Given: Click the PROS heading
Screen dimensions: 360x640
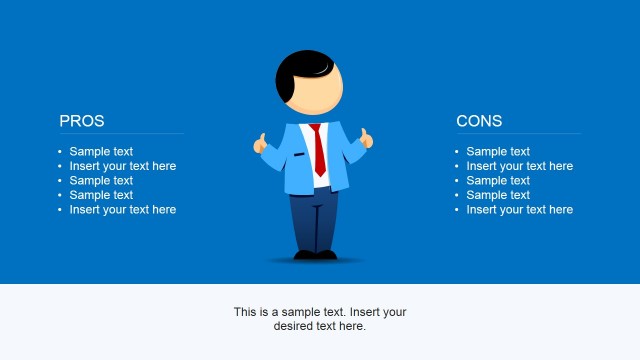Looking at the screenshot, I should [x=82, y=121].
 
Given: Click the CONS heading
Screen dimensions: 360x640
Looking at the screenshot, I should [x=479, y=121].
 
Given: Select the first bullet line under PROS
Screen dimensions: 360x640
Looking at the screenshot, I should [x=101, y=152].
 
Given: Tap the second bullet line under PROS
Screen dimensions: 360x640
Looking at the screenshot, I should [x=122, y=166].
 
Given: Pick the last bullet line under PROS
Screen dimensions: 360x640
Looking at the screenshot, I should [x=122, y=210].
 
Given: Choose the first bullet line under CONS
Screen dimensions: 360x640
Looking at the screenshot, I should [x=498, y=152].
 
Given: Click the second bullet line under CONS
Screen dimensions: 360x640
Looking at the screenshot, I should [x=519, y=166].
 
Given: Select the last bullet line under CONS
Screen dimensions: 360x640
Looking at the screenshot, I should [x=519, y=210].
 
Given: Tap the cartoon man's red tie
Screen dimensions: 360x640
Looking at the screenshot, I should [x=318, y=150].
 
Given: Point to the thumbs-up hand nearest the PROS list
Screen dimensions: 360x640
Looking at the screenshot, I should [x=262, y=144].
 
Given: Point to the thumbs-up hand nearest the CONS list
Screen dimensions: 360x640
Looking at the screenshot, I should [x=367, y=139].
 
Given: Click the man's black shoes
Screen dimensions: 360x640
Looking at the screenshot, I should [x=316, y=255].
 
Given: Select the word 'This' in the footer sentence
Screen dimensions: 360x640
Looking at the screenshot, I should [x=246, y=312].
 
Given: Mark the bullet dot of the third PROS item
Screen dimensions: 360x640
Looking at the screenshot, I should [x=60, y=181].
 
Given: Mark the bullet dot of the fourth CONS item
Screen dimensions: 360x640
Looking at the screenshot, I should [x=457, y=196].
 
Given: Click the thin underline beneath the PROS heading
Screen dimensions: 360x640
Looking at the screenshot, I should [x=121, y=133].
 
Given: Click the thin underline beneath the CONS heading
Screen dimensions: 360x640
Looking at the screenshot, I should [x=518, y=133].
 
